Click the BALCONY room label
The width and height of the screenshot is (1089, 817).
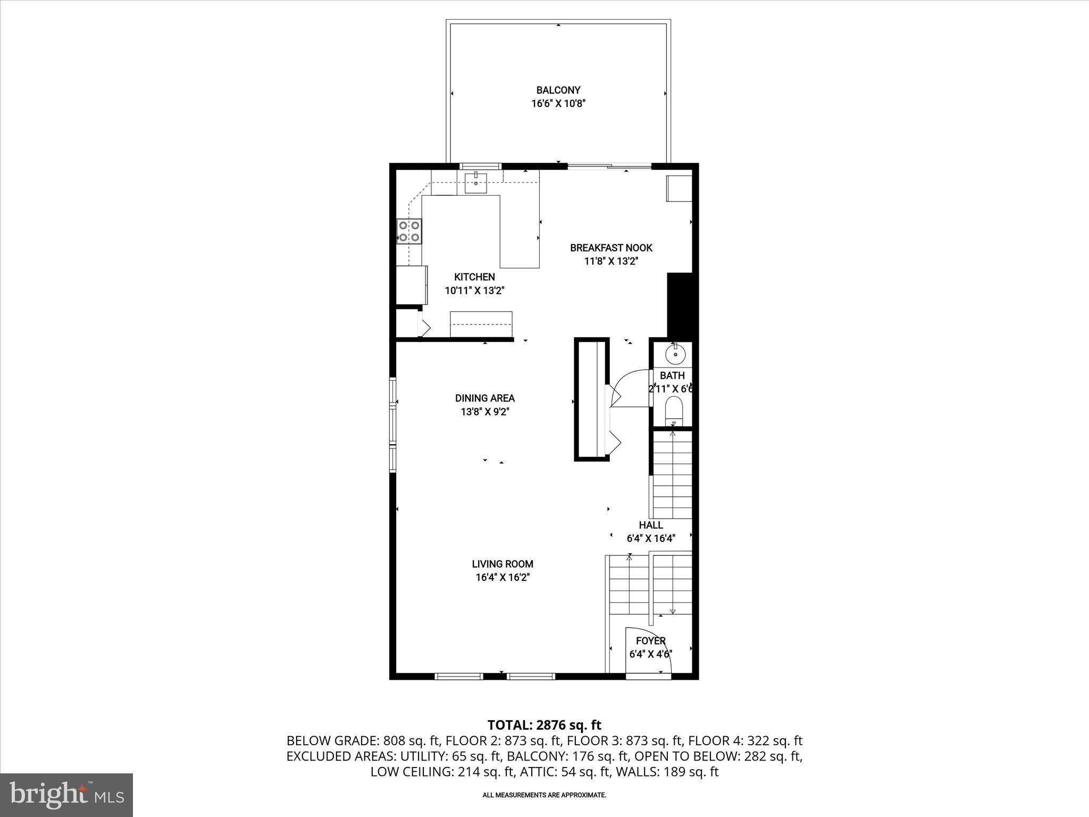[x=558, y=90]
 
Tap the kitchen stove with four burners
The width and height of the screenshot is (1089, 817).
[x=409, y=232]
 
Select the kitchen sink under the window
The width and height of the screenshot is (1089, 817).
[x=475, y=184]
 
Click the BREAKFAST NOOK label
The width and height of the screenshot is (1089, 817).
[x=611, y=248]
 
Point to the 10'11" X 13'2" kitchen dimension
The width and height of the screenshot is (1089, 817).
[x=474, y=291]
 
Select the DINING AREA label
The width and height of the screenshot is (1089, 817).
[x=484, y=398]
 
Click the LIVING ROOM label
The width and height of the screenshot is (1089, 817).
[x=502, y=564]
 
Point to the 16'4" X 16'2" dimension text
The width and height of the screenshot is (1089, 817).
[x=502, y=578]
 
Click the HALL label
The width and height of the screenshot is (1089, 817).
[x=651, y=525]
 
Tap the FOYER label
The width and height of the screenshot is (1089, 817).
[x=651, y=641]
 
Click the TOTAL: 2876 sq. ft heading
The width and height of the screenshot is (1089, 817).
[x=544, y=725]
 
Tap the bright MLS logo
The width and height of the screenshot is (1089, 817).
[x=66, y=795]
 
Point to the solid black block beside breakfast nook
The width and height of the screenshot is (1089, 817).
[x=680, y=306]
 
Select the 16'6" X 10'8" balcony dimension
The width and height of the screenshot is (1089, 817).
[x=558, y=104]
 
